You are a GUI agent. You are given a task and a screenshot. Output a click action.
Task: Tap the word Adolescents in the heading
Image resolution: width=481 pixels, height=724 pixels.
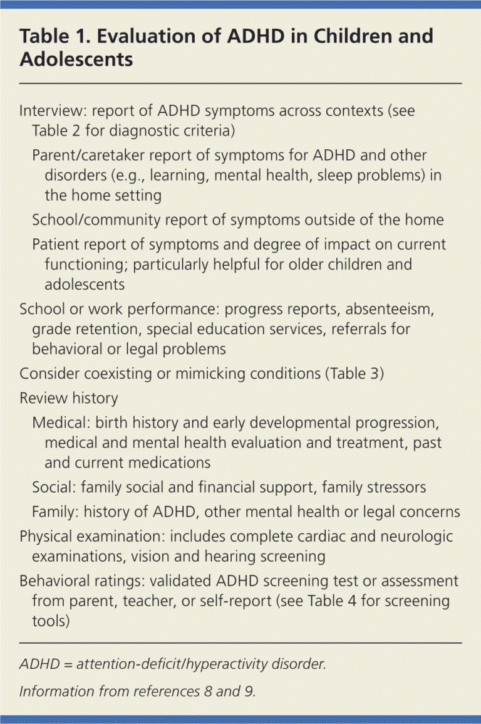76,59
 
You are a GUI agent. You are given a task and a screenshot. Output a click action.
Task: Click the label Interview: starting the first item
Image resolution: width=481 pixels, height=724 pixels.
53,112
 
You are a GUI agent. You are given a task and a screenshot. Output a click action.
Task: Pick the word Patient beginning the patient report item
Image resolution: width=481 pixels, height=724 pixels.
53,244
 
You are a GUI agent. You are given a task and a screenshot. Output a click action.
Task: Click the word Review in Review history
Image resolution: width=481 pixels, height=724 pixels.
41,398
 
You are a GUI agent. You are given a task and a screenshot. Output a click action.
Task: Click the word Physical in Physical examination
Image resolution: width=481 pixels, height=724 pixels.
45,537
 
